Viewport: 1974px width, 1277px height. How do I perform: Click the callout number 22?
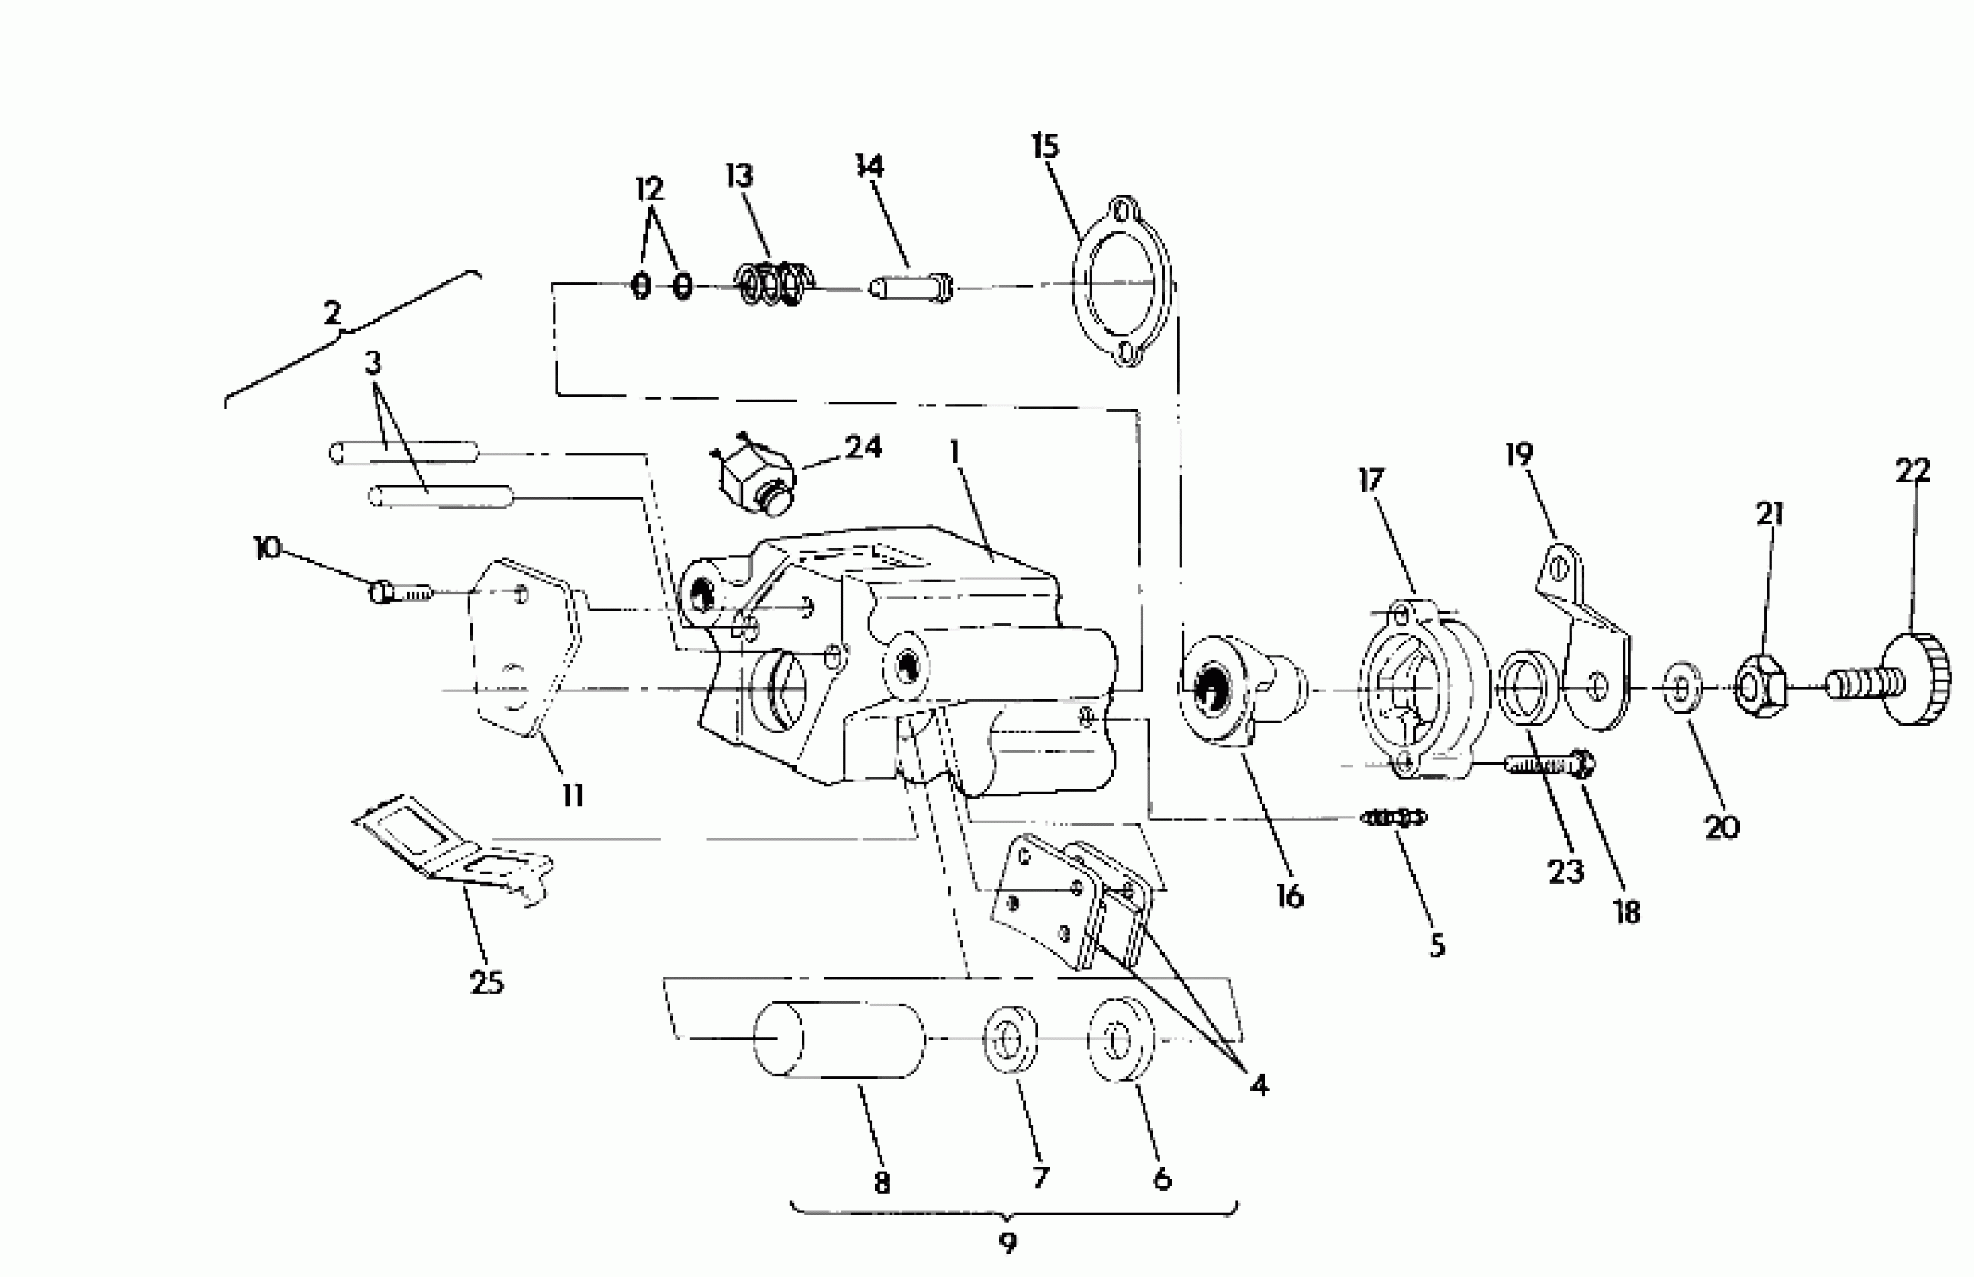tap(1912, 472)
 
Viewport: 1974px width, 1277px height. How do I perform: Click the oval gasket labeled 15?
tap(1122, 282)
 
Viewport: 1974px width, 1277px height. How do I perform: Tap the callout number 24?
tap(863, 448)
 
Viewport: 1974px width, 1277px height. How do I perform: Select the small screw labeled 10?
tap(401, 592)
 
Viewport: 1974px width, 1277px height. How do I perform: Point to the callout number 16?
tap(1289, 897)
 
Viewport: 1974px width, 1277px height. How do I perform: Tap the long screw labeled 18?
tap(1548, 763)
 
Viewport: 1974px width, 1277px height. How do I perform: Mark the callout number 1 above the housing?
tap(954, 453)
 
